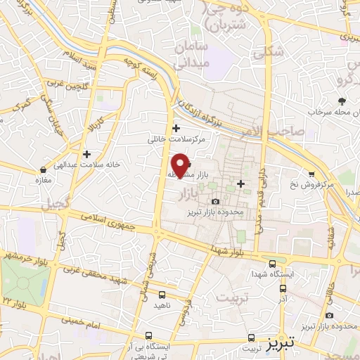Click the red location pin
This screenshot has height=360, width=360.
coord(181,165)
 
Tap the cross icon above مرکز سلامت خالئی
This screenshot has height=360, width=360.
coord(176,128)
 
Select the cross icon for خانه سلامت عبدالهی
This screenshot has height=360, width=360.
coord(86,153)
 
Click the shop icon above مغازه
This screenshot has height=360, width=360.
coord(44,169)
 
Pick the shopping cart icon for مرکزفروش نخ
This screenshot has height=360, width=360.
coord(311,174)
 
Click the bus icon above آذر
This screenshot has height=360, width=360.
coord(283,288)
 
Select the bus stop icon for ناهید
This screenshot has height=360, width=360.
coord(162,295)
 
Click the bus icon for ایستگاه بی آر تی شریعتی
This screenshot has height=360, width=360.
coord(149,335)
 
